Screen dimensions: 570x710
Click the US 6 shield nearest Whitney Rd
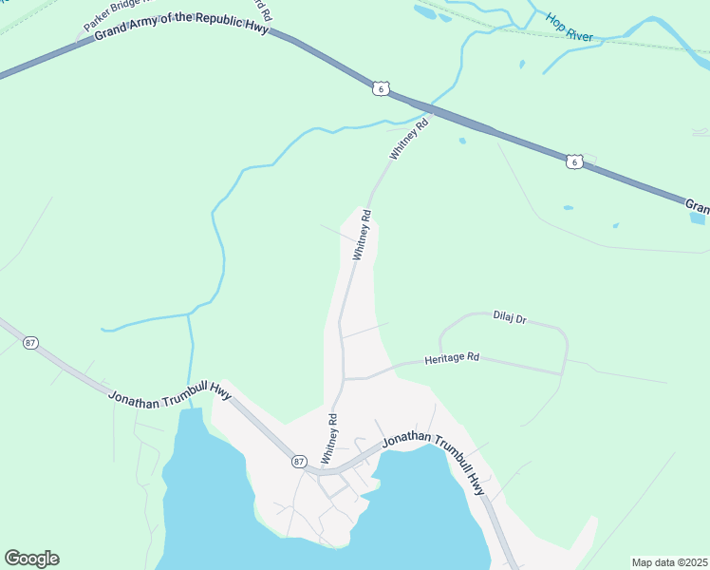(x=380, y=88)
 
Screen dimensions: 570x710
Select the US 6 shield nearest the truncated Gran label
(x=574, y=161)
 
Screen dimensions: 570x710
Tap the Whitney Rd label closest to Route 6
(x=409, y=138)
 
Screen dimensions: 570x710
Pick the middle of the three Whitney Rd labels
(x=361, y=237)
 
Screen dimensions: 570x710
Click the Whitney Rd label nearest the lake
(x=329, y=439)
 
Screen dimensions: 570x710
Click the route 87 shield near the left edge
(x=31, y=343)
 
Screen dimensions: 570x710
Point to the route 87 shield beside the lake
(x=299, y=462)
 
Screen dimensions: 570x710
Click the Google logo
(x=31, y=559)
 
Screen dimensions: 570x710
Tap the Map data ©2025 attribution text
(x=668, y=562)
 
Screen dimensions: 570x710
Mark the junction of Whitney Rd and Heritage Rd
(x=344, y=378)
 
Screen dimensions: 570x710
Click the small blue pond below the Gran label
(x=698, y=218)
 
